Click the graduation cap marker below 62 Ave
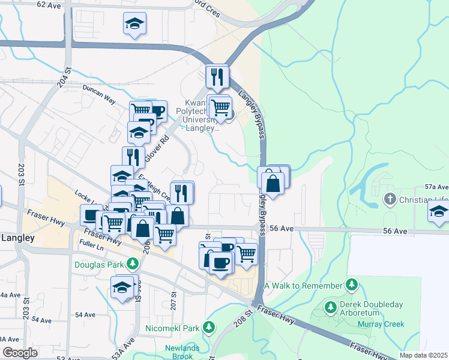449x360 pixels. pos(135,24)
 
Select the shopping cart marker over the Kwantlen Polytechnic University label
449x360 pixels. pos(221,107)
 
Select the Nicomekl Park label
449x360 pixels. pos(172,328)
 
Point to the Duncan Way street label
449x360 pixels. pos(99,95)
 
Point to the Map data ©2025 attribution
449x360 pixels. pos(423,355)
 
